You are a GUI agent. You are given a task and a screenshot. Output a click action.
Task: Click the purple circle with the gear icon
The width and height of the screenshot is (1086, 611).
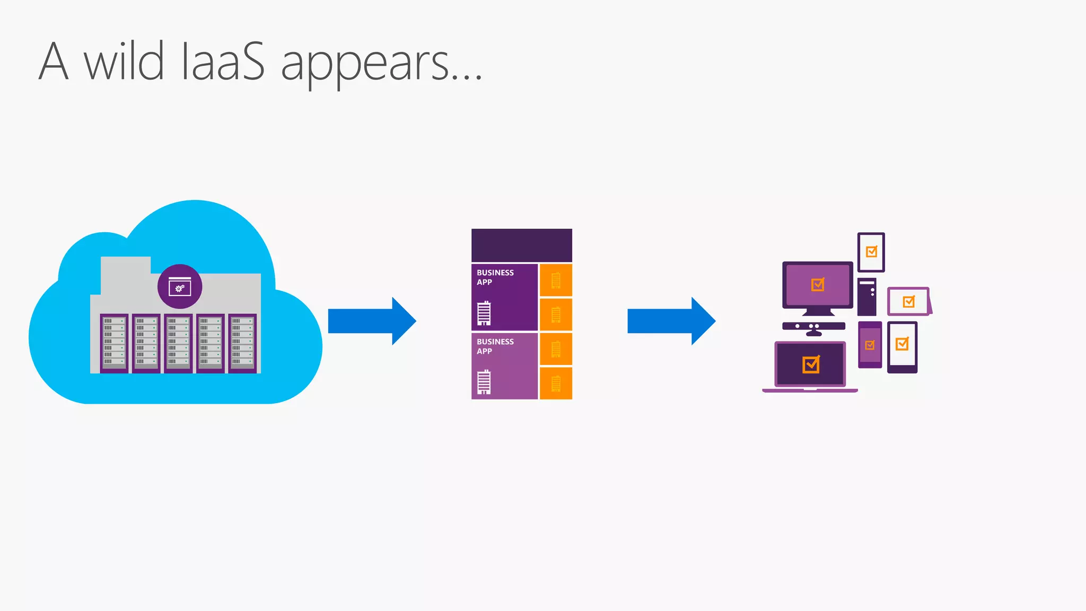(x=180, y=286)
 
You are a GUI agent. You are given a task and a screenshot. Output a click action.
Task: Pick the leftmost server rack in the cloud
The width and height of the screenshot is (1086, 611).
(x=114, y=343)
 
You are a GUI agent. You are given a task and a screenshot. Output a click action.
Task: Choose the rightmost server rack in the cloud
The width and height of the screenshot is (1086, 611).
(x=242, y=343)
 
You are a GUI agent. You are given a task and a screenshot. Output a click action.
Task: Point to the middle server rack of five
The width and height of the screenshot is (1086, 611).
(x=178, y=343)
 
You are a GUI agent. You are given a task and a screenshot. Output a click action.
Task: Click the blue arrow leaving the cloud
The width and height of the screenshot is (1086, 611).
(x=372, y=321)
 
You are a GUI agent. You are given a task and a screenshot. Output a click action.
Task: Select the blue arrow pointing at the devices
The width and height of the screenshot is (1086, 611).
(x=671, y=321)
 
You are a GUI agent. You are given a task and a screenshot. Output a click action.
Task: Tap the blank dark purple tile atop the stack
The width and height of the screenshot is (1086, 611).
(x=521, y=245)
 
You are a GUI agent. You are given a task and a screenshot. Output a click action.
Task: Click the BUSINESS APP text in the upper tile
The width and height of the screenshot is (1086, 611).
(x=495, y=277)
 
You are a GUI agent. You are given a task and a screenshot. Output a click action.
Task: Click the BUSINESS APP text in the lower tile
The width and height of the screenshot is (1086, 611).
(x=495, y=346)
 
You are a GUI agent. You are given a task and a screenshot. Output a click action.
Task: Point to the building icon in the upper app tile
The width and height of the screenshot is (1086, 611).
(x=484, y=313)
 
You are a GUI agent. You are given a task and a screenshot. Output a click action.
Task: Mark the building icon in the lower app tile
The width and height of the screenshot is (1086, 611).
(x=484, y=382)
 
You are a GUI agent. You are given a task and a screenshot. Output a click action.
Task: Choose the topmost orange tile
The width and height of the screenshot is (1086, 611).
(x=556, y=280)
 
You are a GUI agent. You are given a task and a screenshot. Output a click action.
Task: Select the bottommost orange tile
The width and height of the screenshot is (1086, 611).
(x=556, y=383)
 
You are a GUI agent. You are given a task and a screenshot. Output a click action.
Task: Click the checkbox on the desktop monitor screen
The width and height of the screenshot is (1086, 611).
(x=818, y=285)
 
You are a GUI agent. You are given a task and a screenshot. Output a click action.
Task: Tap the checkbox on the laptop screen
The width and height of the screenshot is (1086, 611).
(x=811, y=364)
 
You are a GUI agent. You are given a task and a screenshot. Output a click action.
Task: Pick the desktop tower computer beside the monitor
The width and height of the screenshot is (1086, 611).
(x=866, y=296)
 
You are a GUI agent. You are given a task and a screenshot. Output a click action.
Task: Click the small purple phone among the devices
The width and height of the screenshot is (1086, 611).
(x=870, y=345)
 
